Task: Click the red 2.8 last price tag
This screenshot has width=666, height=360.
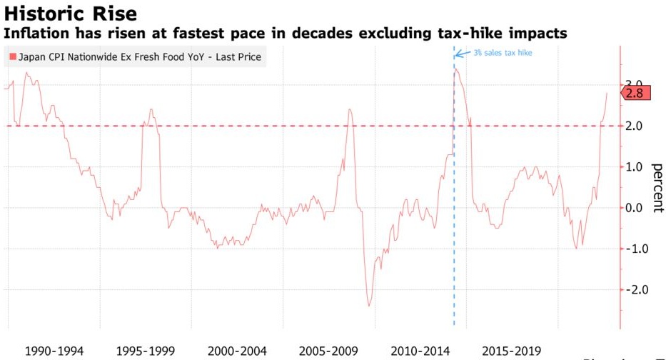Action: coord(635,93)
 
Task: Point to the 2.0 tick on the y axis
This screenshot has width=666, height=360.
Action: coord(634,126)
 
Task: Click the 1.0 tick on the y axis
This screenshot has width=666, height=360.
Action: coord(634,167)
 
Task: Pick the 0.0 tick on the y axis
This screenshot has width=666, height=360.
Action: coord(634,208)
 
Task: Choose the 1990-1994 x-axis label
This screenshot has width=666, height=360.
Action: coord(54,351)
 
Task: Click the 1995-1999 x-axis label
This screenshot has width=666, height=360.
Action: coord(146,351)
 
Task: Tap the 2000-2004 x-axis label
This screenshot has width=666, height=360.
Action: coord(237,351)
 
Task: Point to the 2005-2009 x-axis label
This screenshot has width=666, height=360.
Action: coord(328,351)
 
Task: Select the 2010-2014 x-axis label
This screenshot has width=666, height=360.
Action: coord(420,351)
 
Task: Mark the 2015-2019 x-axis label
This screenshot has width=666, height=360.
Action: coord(512,351)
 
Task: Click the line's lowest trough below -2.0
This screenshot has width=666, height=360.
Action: coord(369,306)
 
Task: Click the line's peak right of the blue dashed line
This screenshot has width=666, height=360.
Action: coord(456,69)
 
